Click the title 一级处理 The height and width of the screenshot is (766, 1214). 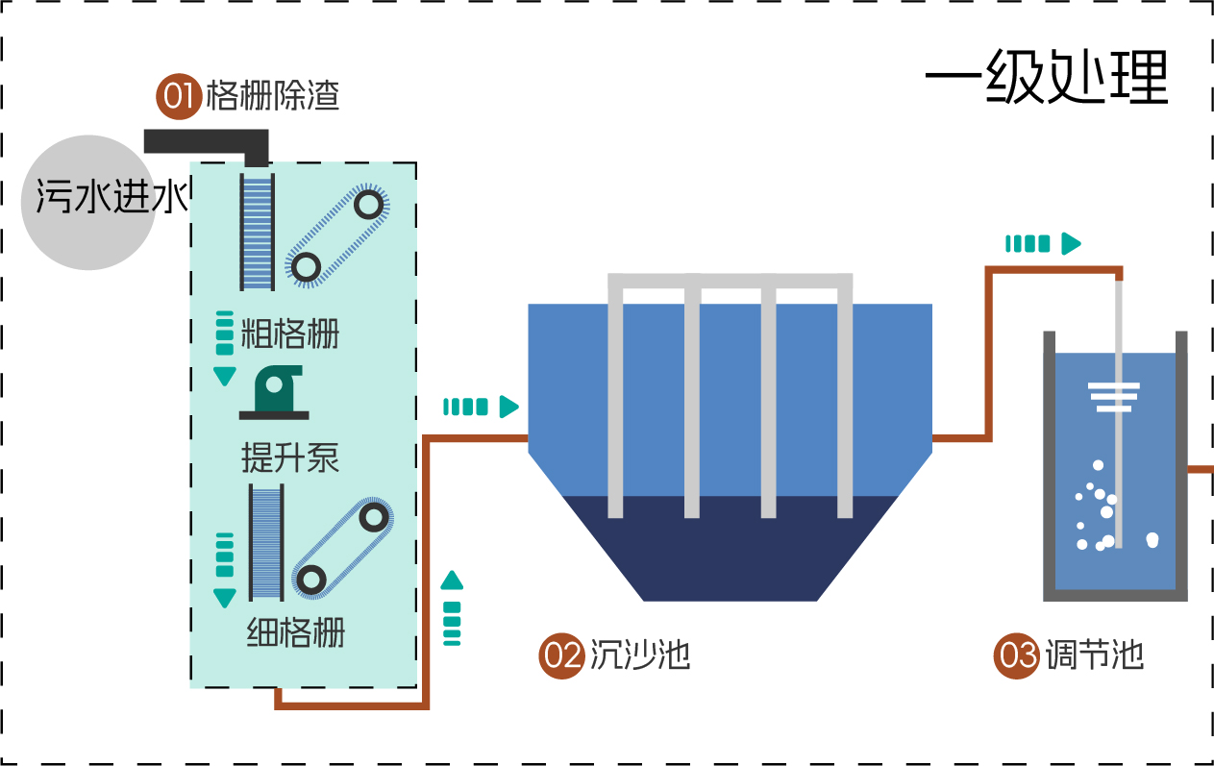tap(1046, 76)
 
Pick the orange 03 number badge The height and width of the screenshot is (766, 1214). tap(1016, 655)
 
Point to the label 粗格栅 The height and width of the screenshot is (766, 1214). tap(290, 334)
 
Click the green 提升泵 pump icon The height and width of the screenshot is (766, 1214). tap(274, 392)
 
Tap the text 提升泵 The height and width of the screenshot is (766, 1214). tap(290, 458)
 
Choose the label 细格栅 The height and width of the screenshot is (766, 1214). tap(295, 632)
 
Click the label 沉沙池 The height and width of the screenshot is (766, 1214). tap(640, 655)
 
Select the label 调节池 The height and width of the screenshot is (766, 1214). tap(1095, 655)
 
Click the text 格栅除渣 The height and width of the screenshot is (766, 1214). tap(272, 96)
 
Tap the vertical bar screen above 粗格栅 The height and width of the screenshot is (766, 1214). tap(257, 232)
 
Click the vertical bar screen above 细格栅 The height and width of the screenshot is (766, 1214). tap(266, 543)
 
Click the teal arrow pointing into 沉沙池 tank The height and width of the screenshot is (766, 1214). tap(481, 407)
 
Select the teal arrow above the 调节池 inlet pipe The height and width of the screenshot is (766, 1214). tap(1043, 244)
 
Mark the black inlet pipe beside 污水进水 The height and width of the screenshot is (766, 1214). tap(207, 143)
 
